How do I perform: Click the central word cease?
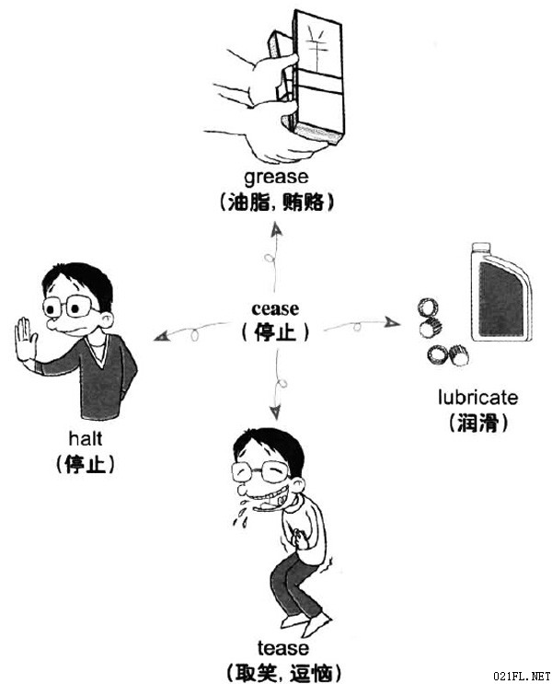[275, 308]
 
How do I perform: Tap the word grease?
[276, 178]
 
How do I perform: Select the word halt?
[86, 438]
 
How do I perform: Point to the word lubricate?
[477, 398]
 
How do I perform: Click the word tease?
[283, 648]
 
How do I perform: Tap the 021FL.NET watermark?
[522, 676]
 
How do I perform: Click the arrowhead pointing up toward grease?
[276, 230]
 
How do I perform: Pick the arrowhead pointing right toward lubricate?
[393, 322]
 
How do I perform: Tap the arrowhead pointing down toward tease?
[275, 412]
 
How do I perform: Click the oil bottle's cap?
[480, 247]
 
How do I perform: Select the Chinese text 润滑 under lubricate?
[477, 422]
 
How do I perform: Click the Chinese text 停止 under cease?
[275, 332]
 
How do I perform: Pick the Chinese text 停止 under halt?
[86, 463]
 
